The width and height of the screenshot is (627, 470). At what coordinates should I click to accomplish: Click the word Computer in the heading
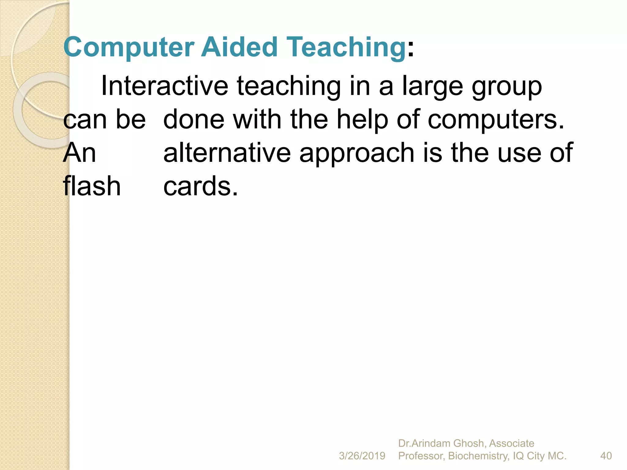(x=129, y=47)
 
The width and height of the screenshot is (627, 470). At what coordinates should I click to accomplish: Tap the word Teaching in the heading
(x=346, y=47)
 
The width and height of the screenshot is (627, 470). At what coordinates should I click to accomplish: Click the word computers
(x=496, y=120)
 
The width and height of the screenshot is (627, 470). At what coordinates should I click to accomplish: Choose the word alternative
(x=227, y=153)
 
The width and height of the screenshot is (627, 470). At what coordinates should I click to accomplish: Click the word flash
(x=92, y=186)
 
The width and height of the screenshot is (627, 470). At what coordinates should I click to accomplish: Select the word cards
(x=200, y=186)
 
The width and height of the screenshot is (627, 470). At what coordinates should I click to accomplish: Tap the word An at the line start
(x=80, y=153)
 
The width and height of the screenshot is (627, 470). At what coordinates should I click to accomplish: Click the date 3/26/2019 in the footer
(x=362, y=456)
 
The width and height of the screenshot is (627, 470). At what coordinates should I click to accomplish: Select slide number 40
(x=606, y=456)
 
